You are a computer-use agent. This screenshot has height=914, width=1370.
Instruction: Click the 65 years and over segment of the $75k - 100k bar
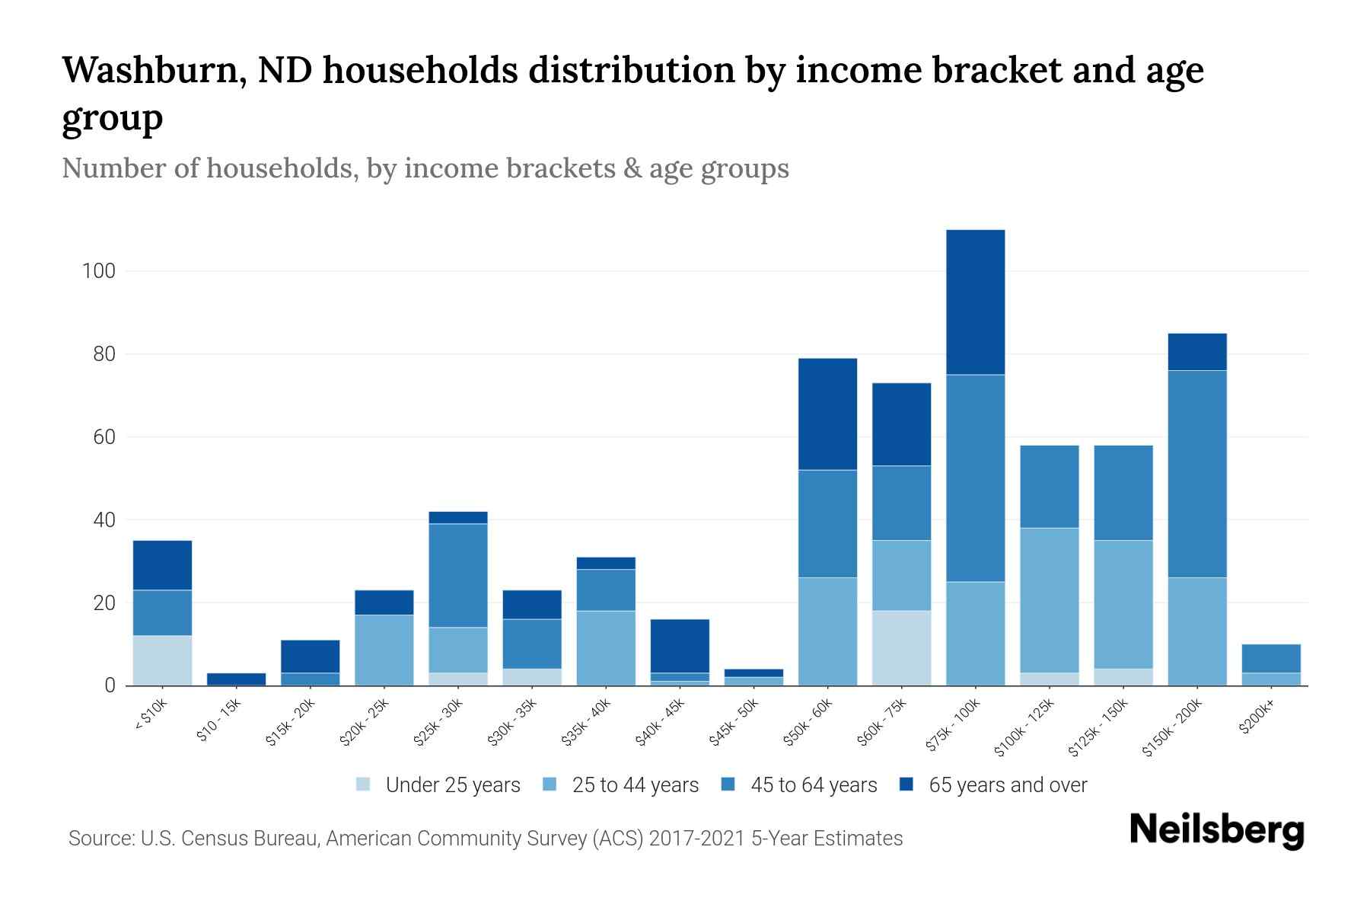(975, 302)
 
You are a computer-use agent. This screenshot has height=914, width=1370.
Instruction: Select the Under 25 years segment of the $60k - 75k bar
(901, 647)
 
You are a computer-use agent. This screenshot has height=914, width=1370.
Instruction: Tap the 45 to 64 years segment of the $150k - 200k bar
(1196, 474)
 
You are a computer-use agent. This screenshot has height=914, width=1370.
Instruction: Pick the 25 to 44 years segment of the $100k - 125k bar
(1049, 599)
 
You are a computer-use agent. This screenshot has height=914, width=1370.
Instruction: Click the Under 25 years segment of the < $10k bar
(162, 660)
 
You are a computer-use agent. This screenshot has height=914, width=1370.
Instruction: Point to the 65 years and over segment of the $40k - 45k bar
(680, 646)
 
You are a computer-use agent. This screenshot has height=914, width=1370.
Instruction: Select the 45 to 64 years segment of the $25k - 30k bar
(458, 575)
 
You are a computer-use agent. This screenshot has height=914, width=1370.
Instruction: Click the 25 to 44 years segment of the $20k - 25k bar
(384, 650)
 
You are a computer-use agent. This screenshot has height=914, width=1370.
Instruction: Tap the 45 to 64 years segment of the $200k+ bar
(1270, 659)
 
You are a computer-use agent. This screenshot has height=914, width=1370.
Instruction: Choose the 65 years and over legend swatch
(906, 785)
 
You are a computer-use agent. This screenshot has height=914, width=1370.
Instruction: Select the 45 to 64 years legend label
(813, 785)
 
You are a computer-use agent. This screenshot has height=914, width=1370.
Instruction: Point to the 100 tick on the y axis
(98, 271)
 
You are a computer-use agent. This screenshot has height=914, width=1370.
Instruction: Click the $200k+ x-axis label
(1256, 718)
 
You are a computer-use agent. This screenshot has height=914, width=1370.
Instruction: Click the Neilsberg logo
(1216, 830)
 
